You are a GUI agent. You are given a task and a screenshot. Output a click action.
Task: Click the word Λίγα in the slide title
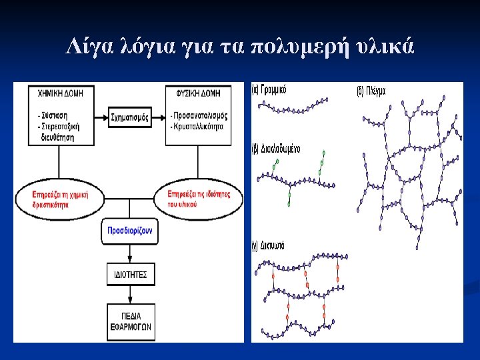coord(85,47)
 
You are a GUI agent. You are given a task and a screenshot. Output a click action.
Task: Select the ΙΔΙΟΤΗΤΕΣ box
coord(131,274)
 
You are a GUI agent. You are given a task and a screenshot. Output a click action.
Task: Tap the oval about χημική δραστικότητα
coord(61,197)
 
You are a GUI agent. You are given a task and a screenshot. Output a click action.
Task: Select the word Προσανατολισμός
coord(201,115)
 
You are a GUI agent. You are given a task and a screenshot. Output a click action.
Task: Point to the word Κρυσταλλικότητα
coord(200,125)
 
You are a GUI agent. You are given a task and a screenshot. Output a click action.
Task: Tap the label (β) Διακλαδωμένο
coord(277,148)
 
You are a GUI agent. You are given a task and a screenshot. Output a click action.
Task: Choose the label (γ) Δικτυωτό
coord(270,245)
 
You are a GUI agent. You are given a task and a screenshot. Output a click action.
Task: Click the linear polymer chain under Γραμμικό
coord(293,107)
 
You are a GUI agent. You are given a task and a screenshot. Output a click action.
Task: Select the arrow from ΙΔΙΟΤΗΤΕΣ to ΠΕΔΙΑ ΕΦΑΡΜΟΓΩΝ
coord(131,293)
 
